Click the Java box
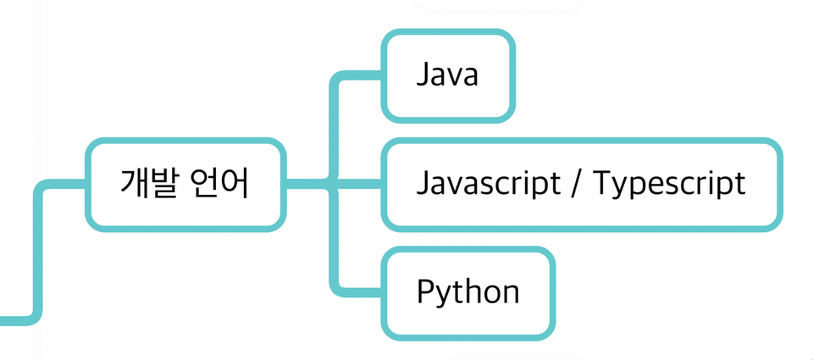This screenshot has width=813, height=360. pos(448,75)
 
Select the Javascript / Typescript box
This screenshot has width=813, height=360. pos(581,184)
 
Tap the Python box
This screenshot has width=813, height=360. pos(468,292)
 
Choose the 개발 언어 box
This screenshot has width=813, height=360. pos(185,184)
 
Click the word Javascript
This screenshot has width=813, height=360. pos(489,184)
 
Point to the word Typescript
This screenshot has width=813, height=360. pos(669,184)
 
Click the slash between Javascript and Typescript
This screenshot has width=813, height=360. pos(575,184)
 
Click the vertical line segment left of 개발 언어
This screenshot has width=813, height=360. pos(38,254)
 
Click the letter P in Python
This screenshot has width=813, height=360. pos(425,292)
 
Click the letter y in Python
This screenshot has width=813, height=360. pos(444,296)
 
